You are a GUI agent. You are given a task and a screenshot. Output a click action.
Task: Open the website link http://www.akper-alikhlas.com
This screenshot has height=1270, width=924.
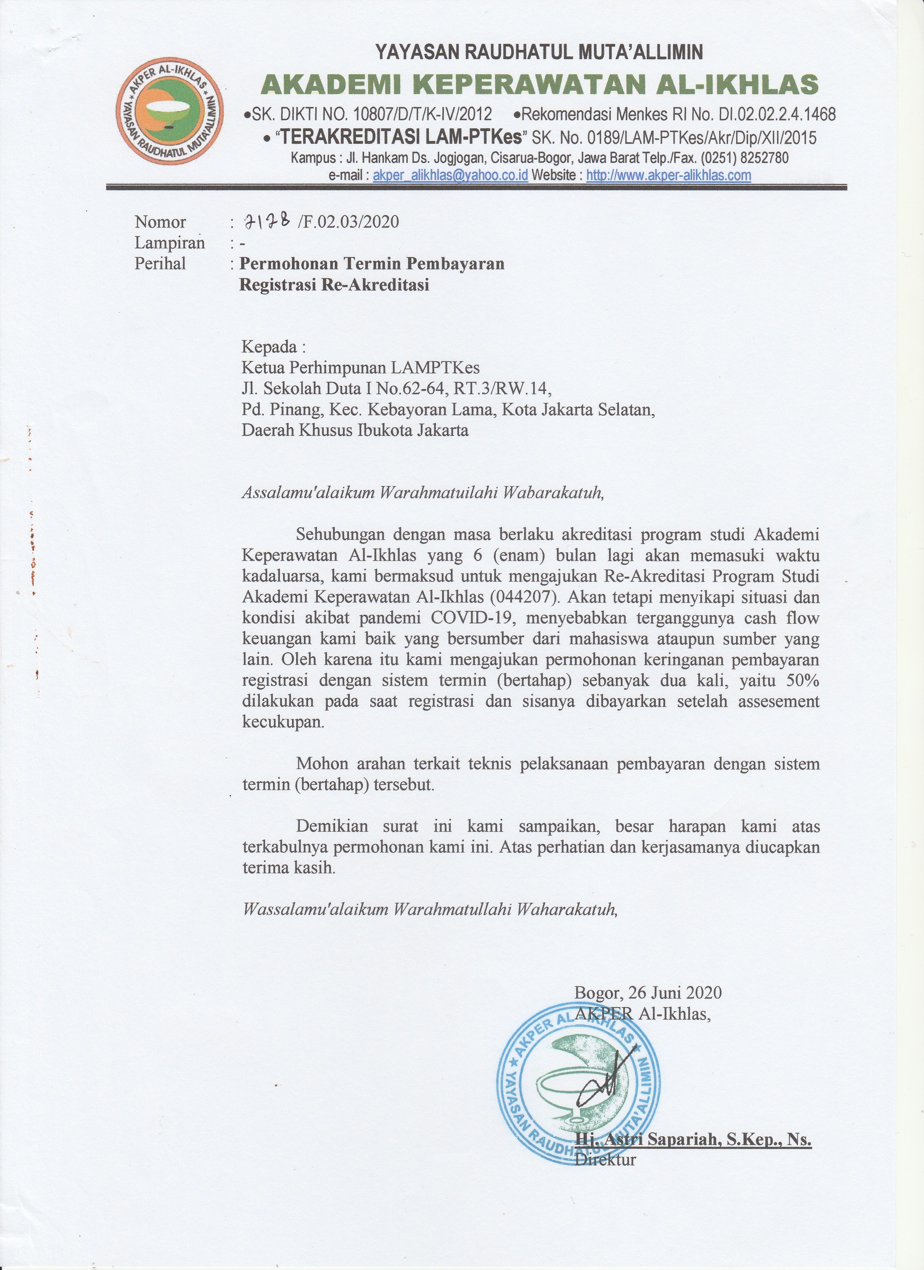coord(669,175)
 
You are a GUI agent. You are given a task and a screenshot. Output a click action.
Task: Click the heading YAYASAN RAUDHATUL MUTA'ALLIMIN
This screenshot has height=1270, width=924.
coord(539,52)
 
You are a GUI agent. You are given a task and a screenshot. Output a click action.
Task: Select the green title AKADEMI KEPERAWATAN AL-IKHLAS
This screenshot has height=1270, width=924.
coord(539,85)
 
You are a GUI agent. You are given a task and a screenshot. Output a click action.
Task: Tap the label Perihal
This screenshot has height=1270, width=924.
coord(160,263)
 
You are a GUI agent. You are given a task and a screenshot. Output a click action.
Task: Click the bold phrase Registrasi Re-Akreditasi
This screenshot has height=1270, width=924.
coord(334,285)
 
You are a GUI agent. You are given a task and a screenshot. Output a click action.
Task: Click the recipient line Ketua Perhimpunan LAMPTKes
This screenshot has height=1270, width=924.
coord(360,367)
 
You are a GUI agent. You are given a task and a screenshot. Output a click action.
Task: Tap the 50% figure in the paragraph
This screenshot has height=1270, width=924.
coord(803,681)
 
